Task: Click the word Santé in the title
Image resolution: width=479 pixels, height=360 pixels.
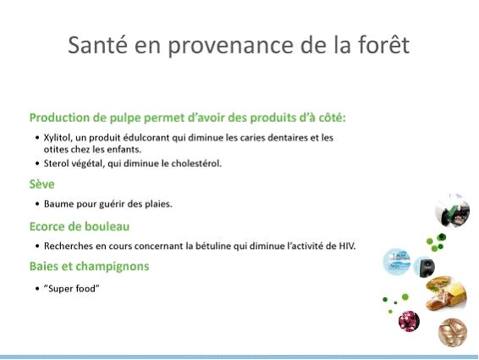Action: [97, 45]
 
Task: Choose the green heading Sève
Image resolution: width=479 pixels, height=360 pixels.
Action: [41, 184]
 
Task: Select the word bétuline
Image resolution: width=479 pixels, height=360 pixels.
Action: [213, 246]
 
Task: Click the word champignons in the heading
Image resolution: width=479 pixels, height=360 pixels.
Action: [113, 267]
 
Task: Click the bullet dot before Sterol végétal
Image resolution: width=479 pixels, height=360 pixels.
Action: [37, 163]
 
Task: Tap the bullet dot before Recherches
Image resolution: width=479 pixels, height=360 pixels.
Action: [37, 246]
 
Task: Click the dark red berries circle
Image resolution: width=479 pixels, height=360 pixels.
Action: [409, 321]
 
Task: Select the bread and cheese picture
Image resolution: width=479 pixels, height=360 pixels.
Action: [446, 293]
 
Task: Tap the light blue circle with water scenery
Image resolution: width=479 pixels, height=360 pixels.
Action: [396, 262]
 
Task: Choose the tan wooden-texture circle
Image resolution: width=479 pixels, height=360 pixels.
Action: [453, 333]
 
